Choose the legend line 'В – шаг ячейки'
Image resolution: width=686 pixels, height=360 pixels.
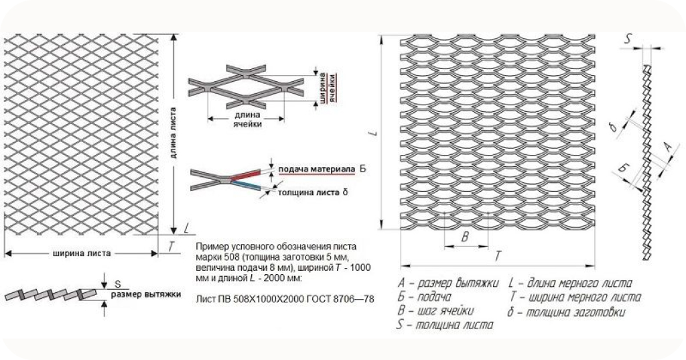(x=435, y=311)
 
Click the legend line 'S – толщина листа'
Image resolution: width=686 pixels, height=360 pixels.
(x=445, y=326)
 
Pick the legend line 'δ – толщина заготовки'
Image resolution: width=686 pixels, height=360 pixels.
(x=567, y=312)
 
